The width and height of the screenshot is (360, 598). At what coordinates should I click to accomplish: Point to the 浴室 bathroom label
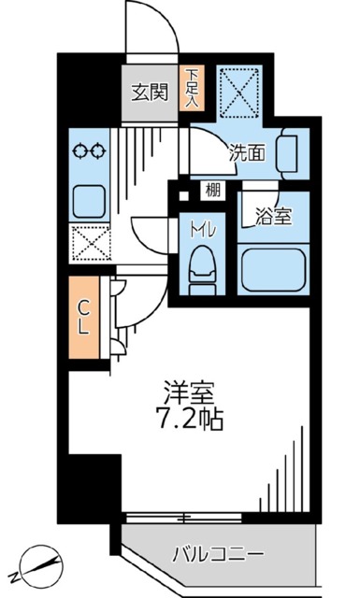click(x=274, y=217)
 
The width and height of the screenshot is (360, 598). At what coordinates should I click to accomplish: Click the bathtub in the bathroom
click(x=275, y=271)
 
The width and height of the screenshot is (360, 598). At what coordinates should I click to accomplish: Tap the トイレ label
click(x=199, y=230)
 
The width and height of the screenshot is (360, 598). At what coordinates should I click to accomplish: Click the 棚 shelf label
click(x=214, y=191)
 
